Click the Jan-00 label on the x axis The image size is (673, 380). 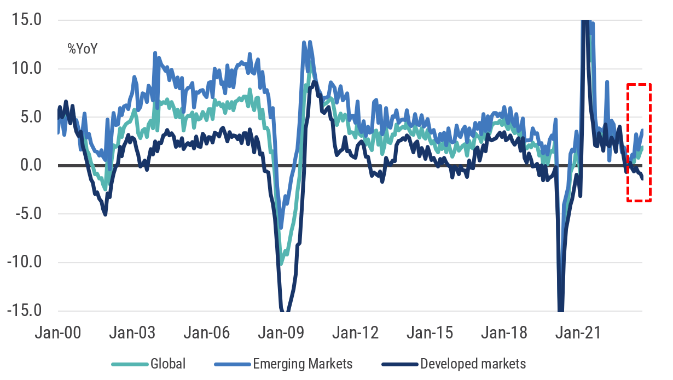pos(59,332)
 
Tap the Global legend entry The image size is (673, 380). pos(168,364)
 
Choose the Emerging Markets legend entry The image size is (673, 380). pos(303,364)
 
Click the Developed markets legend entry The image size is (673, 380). pos(473,364)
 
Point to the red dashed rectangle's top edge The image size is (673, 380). pos(638,85)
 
